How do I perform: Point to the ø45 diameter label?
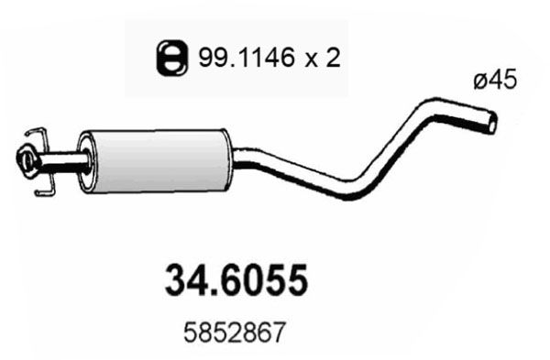496,81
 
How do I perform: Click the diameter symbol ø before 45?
481,81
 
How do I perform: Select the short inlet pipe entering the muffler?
64,165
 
